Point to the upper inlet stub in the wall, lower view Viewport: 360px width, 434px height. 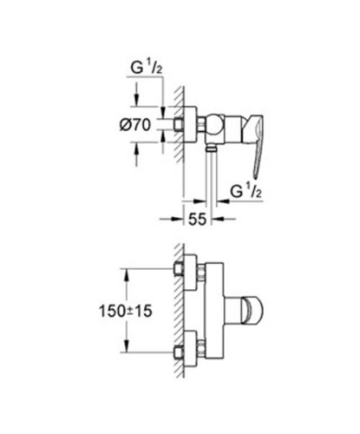(179, 269)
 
